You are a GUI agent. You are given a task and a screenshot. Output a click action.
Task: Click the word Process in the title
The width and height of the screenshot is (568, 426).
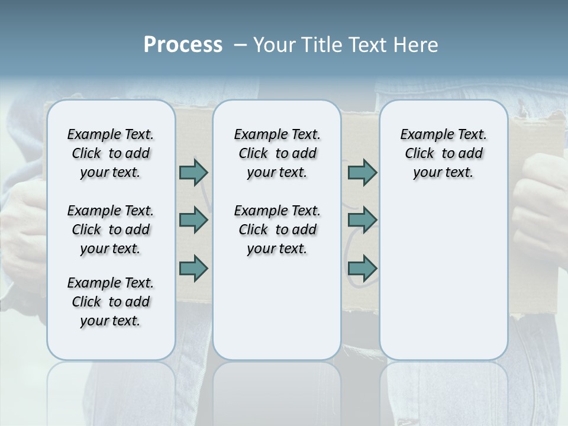coord(183,45)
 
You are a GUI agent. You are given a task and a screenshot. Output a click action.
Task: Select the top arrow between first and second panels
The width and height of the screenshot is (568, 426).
coord(193,172)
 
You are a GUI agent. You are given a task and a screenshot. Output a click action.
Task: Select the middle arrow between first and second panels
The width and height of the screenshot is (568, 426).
coord(193,220)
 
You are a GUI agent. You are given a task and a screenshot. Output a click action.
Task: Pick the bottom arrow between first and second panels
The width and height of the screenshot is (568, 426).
coord(193,269)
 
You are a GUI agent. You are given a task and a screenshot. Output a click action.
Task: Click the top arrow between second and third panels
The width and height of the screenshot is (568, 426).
coord(362,172)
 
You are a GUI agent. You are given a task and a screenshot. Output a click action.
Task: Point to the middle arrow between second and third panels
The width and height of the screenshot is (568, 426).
coord(362,220)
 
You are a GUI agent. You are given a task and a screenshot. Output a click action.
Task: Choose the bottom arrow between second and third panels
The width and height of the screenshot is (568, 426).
coord(362,269)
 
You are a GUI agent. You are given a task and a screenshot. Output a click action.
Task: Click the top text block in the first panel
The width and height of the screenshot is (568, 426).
coord(111,153)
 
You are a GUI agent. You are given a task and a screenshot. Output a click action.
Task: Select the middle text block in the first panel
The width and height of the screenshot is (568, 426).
coord(111,230)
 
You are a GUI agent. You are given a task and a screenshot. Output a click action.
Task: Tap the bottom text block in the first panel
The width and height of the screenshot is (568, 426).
coord(111,302)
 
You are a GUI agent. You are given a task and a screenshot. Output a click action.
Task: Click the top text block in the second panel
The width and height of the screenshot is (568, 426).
coord(277,153)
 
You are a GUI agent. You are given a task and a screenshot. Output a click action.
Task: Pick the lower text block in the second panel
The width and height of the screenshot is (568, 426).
coord(277,230)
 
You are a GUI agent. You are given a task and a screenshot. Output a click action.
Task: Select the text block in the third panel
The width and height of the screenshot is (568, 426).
coord(443,153)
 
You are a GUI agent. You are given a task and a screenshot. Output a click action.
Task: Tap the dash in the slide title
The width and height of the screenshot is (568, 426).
coord(241,46)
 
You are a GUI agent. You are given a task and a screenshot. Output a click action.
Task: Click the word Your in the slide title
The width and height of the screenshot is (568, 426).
coord(273,45)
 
